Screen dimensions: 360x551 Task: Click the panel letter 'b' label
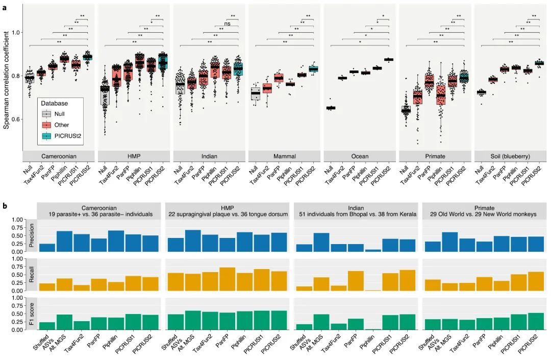[5, 206]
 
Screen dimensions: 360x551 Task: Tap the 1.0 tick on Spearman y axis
[15, 32]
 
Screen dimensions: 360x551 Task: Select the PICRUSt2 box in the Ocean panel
[389, 60]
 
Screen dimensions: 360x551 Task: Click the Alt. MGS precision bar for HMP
[192, 241]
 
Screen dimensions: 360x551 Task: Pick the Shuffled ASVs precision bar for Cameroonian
[47, 247]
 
